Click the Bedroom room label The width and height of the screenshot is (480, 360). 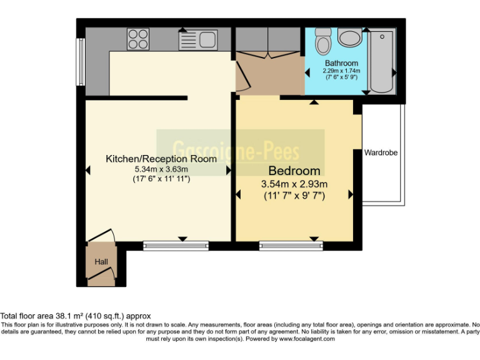click(x=294, y=171)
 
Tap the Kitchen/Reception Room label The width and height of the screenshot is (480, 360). click(x=161, y=159)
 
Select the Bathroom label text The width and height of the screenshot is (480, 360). click(x=341, y=63)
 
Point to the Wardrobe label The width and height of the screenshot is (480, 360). click(x=381, y=152)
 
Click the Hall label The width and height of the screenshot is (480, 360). click(x=101, y=262)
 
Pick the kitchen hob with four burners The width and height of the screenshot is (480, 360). click(x=138, y=40)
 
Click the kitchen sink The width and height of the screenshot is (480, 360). click(x=197, y=40)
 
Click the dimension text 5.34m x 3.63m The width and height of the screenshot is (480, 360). click(x=161, y=169)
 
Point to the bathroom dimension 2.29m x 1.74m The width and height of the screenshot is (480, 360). click(x=341, y=71)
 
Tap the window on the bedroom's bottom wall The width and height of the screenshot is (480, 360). click(x=291, y=246)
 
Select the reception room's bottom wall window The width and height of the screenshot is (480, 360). click(x=176, y=246)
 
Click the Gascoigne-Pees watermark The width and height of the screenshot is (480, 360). click(x=240, y=151)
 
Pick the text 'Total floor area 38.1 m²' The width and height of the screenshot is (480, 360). click(x=44, y=316)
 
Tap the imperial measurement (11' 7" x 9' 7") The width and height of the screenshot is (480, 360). click(x=294, y=195)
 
